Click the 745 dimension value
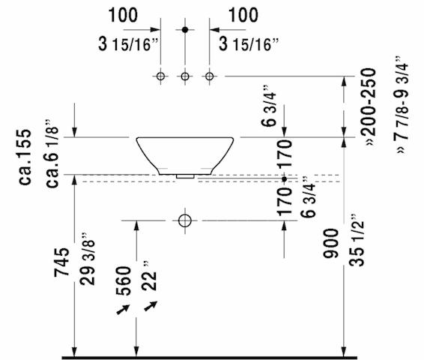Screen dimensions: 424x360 [62, 262]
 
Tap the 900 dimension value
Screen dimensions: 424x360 [331, 244]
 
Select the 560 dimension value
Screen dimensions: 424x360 [124, 280]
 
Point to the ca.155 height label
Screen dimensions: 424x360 [25, 157]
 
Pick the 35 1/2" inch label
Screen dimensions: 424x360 [356, 240]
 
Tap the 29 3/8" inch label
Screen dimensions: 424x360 [88, 259]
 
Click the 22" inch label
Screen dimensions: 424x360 [149, 276]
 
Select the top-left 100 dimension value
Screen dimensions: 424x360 [123, 15]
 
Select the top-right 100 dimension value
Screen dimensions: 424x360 [243, 15]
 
